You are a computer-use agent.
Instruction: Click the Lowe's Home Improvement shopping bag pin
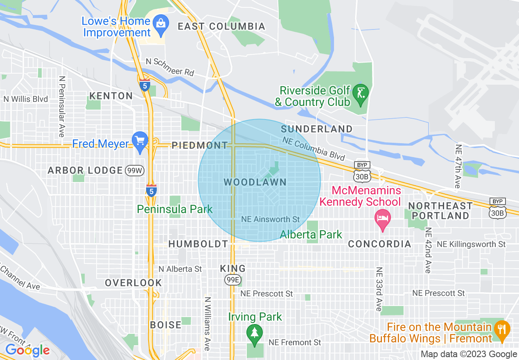[x=160, y=22]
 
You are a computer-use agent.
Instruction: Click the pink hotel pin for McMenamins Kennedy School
[x=382, y=217]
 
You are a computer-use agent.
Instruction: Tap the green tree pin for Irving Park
[x=255, y=332]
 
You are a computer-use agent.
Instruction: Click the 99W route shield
[x=135, y=171]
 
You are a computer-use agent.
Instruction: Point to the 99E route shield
[x=232, y=280]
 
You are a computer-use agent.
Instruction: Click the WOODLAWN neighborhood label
[x=255, y=182]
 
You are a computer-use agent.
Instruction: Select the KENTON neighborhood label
[x=111, y=96]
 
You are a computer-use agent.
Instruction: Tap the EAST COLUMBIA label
[x=221, y=27]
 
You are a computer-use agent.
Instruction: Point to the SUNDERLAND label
[x=316, y=129]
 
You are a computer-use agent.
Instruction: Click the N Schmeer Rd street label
[x=170, y=67]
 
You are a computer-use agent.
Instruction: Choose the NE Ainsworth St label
[x=271, y=220]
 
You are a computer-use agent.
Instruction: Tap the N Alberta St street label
[x=181, y=269]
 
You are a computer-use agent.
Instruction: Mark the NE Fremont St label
[x=295, y=342]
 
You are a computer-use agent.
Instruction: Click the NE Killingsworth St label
[x=471, y=244]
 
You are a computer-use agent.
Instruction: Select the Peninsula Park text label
[x=175, y=209]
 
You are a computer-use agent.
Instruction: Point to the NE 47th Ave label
[x=458, y=166]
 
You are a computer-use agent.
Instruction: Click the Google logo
[x=27, y=351]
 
